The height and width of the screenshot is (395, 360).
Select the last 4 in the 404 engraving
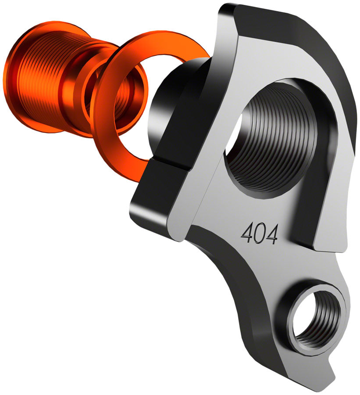(271, 235)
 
